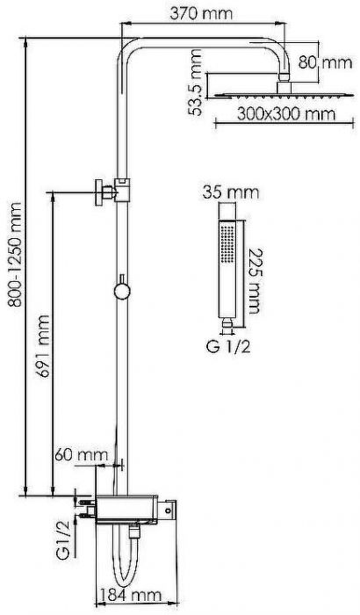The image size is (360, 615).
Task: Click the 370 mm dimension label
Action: pyautogui.click(x=201, y=14)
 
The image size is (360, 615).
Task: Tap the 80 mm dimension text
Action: pyautogui.click(x=325, y=62)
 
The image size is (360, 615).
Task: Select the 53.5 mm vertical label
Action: pyautogui.click(x=195, y=83)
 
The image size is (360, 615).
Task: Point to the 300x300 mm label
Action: pyautogui.click(x=286, y=114)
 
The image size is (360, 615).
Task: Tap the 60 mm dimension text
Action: pyautogui.click(x=81, y=455)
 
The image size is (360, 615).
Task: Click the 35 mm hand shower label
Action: pyautogui.click(x=231, y=192)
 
